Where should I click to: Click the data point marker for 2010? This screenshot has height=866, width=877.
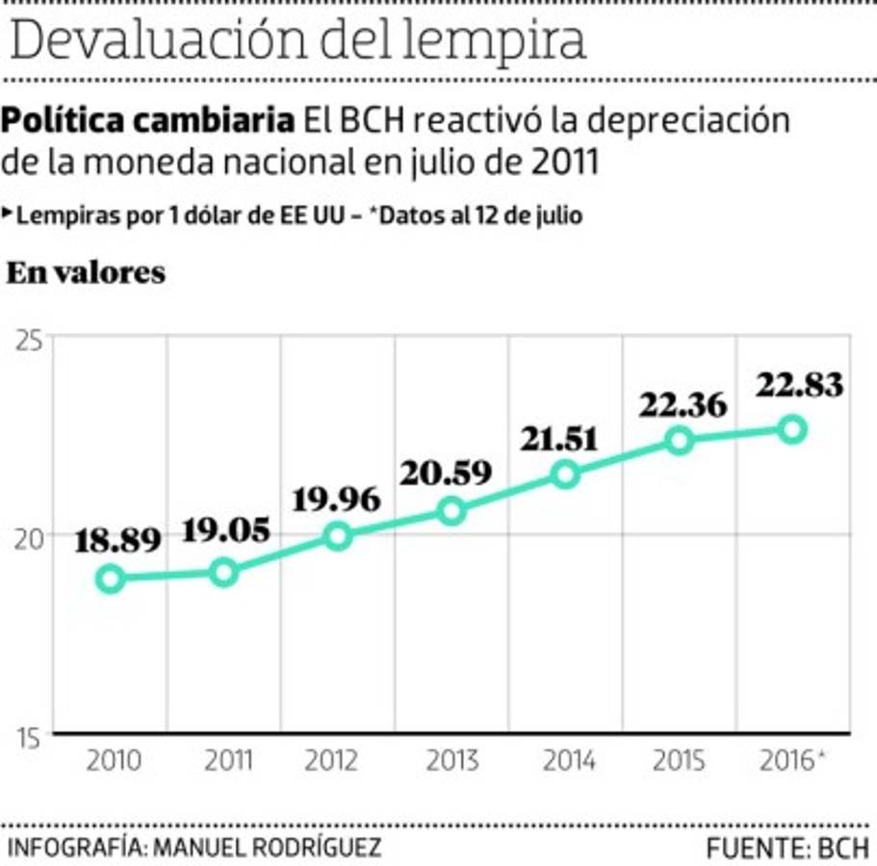click(x=111, y=578)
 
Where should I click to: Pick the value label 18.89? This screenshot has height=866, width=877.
click(x=118, y=542)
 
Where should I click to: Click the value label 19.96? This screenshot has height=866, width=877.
click(x=336, y=500)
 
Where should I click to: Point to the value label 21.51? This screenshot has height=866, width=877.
click(x=559, y=439)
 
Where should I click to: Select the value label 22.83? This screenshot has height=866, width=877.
click(x=799, y=386)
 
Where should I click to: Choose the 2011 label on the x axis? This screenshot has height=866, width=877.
click(x=228, y=761)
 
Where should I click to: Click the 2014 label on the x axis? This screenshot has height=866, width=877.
click(x=567, y=761)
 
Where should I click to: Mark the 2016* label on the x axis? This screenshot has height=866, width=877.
click(x=791, y=761)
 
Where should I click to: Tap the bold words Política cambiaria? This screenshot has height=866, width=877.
click(x=148, y=122)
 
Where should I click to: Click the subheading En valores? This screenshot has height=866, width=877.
click(x=86, y=273)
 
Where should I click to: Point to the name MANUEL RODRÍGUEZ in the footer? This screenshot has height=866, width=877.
click(x=267, y=848)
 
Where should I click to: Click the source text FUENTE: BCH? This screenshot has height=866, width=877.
click(x=787, y=848)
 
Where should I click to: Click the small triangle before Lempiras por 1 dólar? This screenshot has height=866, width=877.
click(x=8, y=214)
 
